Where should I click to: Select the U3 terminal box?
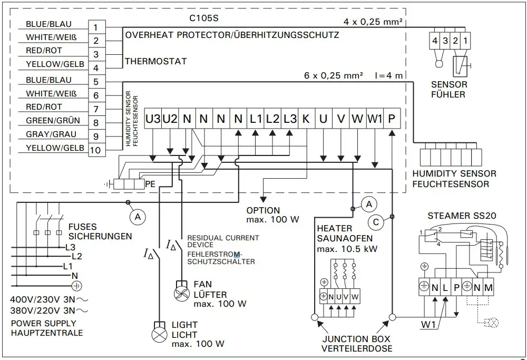[x=153, y=119]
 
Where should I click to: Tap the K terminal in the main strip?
[x=306, y=119]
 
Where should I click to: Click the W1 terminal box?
[x=374, y=119]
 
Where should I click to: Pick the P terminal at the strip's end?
[x=391, y=119]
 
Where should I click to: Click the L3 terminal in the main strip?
[x=289, y=119]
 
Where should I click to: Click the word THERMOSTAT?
[x=155, y=62]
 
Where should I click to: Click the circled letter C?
[x=376, y=222]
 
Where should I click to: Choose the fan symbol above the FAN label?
[x=181, y=290]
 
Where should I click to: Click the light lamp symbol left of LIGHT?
[x=158, y=334]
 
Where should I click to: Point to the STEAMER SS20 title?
[x=462, y=216]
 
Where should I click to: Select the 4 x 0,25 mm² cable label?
[x=373, y=22]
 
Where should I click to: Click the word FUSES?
[x=83, y=227]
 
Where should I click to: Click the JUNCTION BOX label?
[x=357, y=339]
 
